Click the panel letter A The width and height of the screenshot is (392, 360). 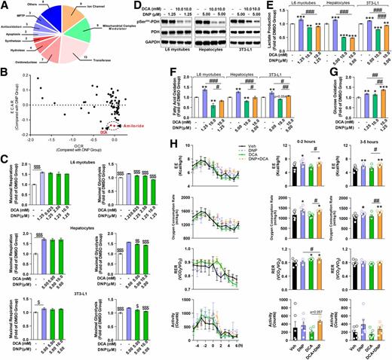click(5, 5)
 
